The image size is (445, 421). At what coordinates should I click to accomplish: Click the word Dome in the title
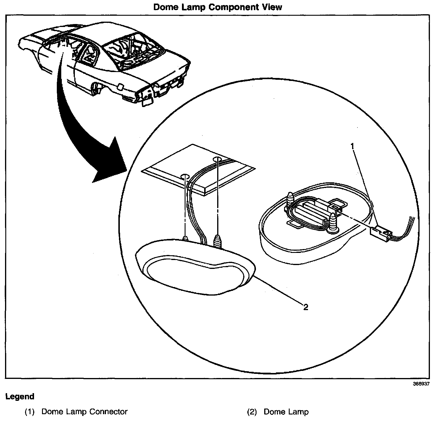tap(165, 7)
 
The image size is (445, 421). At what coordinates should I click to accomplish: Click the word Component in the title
tap(233, 7)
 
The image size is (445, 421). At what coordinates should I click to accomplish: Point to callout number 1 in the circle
tap(352, 146)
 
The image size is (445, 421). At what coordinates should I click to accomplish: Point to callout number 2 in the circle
tap(306, 307)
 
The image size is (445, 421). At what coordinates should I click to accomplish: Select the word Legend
tap(20, 397)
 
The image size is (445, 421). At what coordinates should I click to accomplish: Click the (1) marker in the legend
tap(30, 412)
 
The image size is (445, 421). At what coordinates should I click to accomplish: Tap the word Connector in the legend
tap(108, 412)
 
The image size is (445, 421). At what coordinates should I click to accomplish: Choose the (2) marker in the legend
tap(252, 412)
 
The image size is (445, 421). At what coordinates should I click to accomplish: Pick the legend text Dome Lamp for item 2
tap(286, 412)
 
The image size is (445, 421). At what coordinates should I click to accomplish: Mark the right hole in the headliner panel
tap(217, 159)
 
